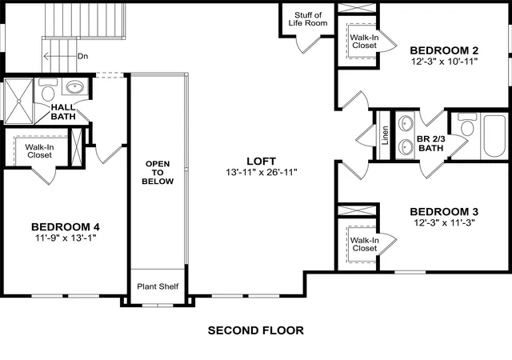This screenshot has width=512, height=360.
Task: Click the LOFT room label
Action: pos(262,161)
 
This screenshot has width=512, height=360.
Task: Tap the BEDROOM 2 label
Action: pos(444,50)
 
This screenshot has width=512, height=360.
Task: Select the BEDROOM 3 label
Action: pos(444,212)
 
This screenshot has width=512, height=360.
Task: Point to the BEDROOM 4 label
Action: pos(66,226)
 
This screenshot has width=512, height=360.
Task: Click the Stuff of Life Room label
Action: pos(308,19)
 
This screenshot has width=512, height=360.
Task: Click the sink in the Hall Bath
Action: pos(75,87)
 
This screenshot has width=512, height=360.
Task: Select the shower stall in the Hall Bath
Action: pos(18,102)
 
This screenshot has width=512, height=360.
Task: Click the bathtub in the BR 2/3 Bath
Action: pos(494,135)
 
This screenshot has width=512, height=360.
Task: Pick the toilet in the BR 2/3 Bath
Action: pos(467,125)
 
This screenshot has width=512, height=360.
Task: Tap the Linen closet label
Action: pos(386,135)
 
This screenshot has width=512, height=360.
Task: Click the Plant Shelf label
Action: pos(158,286)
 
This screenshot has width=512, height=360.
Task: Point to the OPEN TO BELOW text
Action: pos(158,173)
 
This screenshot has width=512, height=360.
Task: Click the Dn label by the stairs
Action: pos(82,56)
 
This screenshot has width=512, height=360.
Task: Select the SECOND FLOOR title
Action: pos(256,330)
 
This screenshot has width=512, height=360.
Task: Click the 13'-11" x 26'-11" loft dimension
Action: pos(262,172)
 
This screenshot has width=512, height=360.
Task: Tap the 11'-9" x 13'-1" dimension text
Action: pos(66,238)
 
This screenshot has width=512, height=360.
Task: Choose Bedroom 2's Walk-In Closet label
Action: pos(365,42)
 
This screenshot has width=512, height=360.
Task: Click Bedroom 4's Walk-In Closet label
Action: pos(39,151)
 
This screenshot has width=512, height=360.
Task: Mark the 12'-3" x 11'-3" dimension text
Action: pos(444,222)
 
